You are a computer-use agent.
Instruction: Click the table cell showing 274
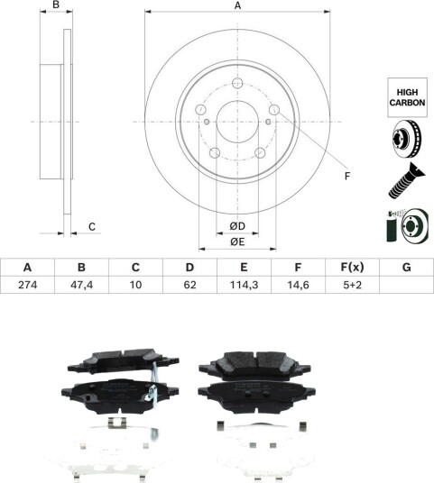tap(27, 285)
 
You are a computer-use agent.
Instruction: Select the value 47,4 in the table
tap(81, 285)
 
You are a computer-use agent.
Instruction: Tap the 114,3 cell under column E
tap(244, 285)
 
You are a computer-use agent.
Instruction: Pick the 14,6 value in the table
tap(298, 285)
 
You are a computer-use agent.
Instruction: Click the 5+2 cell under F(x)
tap(352, 285)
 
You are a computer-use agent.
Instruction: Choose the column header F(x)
tap(352, 267)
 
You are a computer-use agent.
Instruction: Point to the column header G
tap(407, 267)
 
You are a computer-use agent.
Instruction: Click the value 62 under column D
tap(189, 285)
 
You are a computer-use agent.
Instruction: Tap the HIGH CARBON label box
tap(407, 97)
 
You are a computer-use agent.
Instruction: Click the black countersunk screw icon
tap(407, 180)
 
